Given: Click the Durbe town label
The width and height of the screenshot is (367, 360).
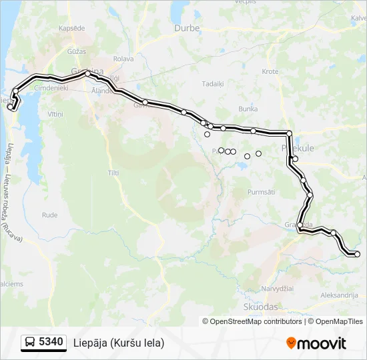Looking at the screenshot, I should pyautogui.click(x=187, y=28).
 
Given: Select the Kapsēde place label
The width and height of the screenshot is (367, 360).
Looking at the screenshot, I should pyautogui.click(x=71, y=29).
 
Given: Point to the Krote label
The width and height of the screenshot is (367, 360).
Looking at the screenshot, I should pyautogui.click(x=270, y=71).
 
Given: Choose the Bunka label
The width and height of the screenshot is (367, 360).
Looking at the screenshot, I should pyautogui.click(x=248, y=108).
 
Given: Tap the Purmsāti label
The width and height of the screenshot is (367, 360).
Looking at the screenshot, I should pyautogui.click(x=261, y=192).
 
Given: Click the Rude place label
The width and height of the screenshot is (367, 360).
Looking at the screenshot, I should pyautogui.click(x=49, y=215).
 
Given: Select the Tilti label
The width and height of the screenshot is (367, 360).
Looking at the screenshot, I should pyautogui.click(x=113, y=173).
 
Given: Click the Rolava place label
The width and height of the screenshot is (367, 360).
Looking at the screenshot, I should pyautogui.click(x=123, y=59).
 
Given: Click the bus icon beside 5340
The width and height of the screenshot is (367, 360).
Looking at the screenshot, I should pyautogui.click(x=30, y=343).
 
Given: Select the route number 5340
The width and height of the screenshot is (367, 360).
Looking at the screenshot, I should pyautogui.click(x=51, y=343).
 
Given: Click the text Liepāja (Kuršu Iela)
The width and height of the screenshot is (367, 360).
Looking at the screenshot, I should pyautogui.click(x=119, y=343).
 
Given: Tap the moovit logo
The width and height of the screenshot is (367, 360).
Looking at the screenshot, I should pyautogui.click(x=316, y=343).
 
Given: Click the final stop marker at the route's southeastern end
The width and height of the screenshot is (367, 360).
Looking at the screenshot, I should pyautogui.click(x=357, y=254).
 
